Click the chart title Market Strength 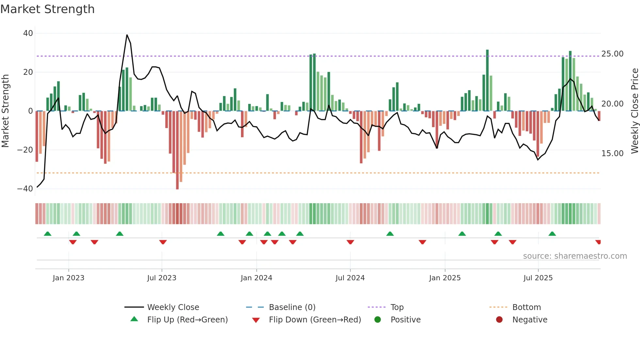[x=47, y=9]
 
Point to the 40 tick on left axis [x=28, y=33]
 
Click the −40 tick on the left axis [x=25, y=189]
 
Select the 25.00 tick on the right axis [x=612, y=54]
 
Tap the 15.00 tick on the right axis [x=612, y=154]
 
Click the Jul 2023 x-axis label [x=162, y=278]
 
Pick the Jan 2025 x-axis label [x=445, y=278]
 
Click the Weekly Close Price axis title [x=634, y=111]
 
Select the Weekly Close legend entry [x=173, y=307]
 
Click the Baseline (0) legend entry [x=292, y=307]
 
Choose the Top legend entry [x=397, y=307]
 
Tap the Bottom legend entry [x=526, y=307]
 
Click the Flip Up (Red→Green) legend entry [x=187, y=320]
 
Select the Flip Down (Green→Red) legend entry [x=315, y=320]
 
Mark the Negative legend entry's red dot [x=499, y=319]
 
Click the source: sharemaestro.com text [x=575, y=256]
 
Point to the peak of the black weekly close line [x=127, y=35]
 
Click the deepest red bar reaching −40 [x=177, y=150]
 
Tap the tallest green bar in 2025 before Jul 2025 [x=487, y=80]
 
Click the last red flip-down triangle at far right [x=598, y=242]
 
